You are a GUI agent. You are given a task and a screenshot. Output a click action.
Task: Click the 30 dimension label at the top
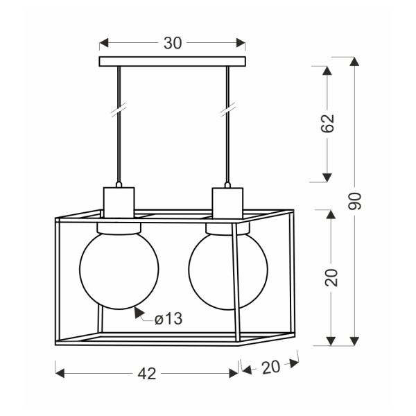coord(173,43)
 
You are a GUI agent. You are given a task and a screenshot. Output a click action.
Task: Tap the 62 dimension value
coord(327,123)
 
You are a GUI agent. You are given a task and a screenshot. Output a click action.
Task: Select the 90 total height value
coord(355,201)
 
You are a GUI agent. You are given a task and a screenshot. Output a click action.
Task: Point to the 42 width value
coord(147,374)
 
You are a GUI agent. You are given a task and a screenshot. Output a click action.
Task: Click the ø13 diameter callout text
coord(168,319)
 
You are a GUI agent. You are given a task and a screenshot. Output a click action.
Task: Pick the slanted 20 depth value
coord(270,367)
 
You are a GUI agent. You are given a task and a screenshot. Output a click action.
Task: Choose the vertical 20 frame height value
coord(331,277)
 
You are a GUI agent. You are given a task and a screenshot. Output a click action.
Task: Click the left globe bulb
coord(119,270)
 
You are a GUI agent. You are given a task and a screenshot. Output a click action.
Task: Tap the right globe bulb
coord(228,270)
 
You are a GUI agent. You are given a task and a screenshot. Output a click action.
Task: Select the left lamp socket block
coord(119,202)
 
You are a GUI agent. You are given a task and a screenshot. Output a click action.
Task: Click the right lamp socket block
coord(227,203)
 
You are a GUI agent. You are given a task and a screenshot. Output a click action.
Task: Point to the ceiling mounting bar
coord(173,61)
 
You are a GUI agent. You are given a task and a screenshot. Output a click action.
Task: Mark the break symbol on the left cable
coord(119,110)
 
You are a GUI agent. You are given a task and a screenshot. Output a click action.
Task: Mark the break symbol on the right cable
coord(228,110)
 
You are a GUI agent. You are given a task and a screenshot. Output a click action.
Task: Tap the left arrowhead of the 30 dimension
coord(104,43)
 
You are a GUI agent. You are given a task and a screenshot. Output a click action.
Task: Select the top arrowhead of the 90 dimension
coord(354,62)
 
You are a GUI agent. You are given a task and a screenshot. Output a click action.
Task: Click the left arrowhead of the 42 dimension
coord(60,373)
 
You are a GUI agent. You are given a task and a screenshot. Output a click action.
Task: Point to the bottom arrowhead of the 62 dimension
coord(327,177)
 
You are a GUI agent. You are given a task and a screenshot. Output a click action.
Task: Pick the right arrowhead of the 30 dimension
coord(241,43)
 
